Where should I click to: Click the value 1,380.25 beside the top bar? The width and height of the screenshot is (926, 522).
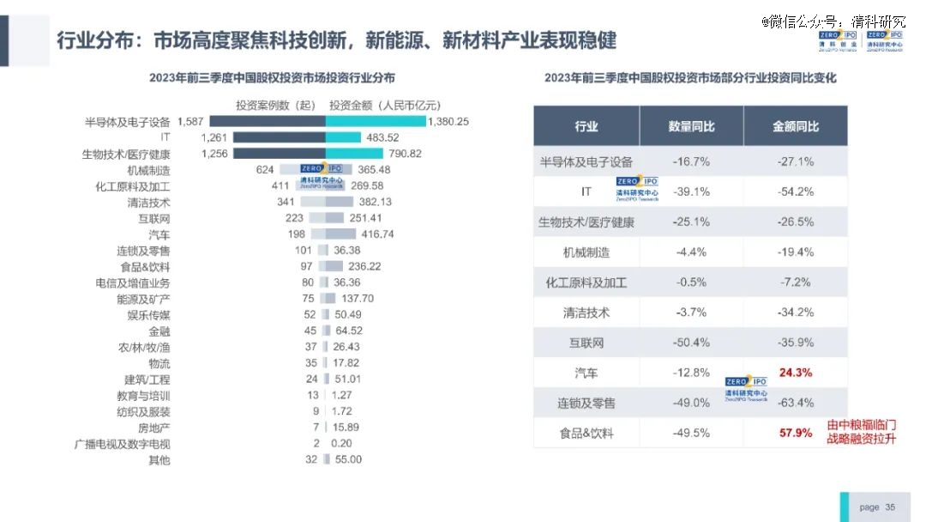click(449, 121)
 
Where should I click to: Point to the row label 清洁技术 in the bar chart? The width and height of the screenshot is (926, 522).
click(148, 203)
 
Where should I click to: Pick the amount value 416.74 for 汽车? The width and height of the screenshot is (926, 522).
click(377, 234)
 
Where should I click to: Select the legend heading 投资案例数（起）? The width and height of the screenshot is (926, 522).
click(276, 105)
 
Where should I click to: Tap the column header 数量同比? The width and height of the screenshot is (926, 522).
click(691, 126)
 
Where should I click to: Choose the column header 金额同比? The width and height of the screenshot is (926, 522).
click(795, 126)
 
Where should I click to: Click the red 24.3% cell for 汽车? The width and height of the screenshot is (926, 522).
click(795, 373)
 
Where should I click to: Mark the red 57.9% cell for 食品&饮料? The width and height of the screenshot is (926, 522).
click(795, 433)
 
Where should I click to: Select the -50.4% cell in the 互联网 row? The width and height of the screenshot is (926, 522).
click(691, 343)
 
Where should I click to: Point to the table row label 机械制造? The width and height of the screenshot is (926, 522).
click(586, 252)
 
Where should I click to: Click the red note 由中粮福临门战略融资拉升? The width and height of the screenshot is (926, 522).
click(862, 431)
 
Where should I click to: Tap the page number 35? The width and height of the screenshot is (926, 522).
click(890, 507)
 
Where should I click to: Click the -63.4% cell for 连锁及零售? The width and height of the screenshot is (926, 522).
click(795, 403)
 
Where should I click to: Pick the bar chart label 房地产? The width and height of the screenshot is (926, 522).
click(154, 428)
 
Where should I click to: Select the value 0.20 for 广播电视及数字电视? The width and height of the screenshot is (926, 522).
click(341, 443)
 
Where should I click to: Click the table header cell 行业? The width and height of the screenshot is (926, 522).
click(586, 126)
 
